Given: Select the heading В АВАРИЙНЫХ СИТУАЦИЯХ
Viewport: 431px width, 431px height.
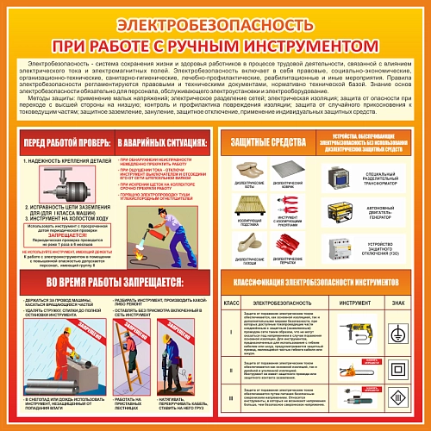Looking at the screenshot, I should pos(161,140).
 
